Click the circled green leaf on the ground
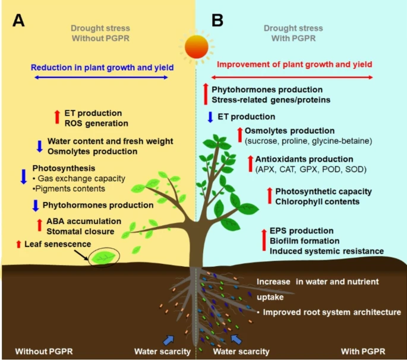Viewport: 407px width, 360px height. pyautogui.click(x=103, y=257)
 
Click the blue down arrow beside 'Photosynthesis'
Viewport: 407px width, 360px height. pyautogui.click(x=23, y=176)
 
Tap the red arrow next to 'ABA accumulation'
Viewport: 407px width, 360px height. pyautogui.click(x=24, y=225)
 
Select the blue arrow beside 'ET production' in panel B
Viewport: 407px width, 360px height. pyautogui.click(x=210, y=116)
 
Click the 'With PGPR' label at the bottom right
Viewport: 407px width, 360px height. pyautogui.click(x=368, y=351)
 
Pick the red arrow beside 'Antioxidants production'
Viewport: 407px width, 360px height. pyautogui.click(x=250, y=165)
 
